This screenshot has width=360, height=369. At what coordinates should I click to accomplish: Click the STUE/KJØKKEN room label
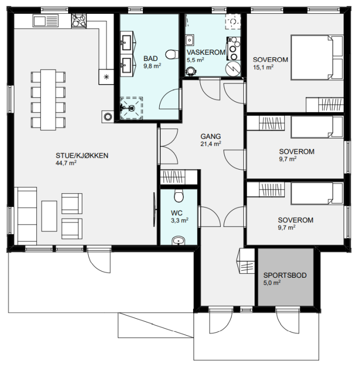(x=82, y=156)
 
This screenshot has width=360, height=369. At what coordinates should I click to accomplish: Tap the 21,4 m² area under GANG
(x=210, y=143)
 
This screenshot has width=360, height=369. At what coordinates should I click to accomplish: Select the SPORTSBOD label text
(x=285, y=275)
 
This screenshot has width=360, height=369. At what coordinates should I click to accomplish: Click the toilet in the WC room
(x=179, y=195)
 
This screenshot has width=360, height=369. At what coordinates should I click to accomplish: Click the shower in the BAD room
(x=132, y=108)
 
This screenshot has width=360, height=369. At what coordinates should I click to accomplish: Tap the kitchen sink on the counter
(x=46, y=20)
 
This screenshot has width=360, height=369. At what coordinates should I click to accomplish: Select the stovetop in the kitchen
(x=79, y=20)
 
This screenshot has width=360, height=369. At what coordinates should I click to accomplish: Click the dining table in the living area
(x=48, y=99)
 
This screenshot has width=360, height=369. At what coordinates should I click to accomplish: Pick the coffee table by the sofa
(x=49, y=216)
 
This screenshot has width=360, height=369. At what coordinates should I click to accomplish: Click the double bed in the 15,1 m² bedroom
(x=317, y=57)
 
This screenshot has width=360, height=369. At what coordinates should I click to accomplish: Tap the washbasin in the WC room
(x=179, y=241)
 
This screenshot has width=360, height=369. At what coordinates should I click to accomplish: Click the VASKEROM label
(x=206, y=52)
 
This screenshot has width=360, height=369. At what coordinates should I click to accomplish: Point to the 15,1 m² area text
(x=263, y=67)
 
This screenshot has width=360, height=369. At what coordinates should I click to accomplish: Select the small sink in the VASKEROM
(x=189, y=40)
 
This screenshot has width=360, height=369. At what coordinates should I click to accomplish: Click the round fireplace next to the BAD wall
(x=108, y=116)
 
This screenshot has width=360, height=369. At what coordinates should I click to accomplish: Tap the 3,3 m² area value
(x=179, y=220)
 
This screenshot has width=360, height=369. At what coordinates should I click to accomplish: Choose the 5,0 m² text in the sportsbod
(x=272, y=282)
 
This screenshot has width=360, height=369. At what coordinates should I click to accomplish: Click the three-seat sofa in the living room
(x=27, y=216)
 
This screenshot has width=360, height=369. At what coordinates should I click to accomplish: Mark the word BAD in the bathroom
(x=151, y=58)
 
